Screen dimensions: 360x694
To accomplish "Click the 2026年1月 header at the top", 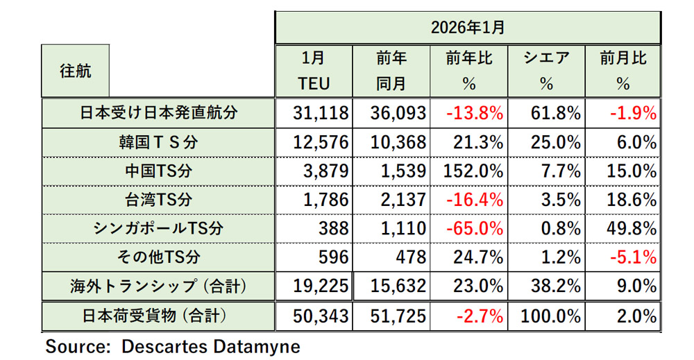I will tap(466, 28).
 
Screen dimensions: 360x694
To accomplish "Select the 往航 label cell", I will tap(76, 71).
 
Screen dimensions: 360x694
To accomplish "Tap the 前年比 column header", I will tap(469, 59).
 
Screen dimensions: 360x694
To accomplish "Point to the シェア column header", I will tap(546, 59).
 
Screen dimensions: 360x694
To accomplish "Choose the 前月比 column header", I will tap(623, 59).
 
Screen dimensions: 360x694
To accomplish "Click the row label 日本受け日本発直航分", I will tap(159, 113).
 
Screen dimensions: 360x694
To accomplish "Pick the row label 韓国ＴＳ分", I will tap(159, 142).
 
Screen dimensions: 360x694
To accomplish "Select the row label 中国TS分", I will tap(159, 171).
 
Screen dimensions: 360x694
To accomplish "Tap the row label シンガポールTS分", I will tap(159, 229).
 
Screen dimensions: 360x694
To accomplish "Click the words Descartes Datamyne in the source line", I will tap(211, 346).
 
